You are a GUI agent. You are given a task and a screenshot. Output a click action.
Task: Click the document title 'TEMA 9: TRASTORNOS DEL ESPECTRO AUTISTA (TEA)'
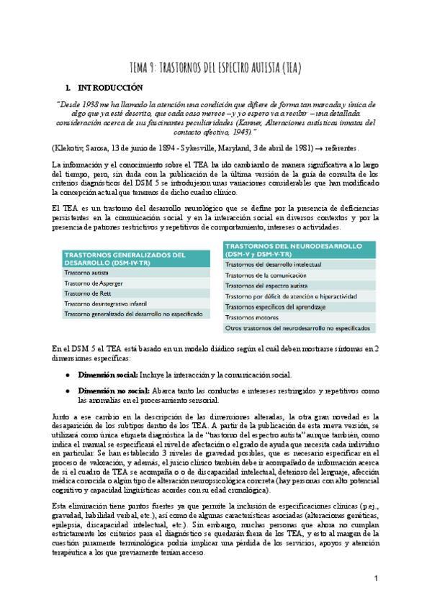tap(215, 68)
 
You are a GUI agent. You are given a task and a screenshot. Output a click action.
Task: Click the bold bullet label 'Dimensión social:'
tap(107, 375)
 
